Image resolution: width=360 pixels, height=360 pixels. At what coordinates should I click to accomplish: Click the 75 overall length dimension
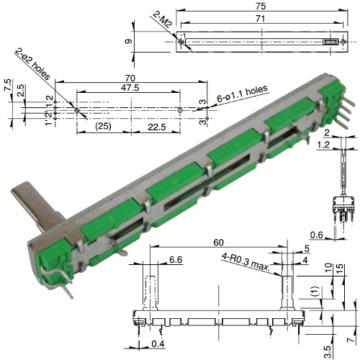coord(261,6)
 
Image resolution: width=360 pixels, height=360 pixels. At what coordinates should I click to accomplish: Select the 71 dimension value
coord(260,19)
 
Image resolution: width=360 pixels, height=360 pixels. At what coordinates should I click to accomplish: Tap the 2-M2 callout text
coord(162,19)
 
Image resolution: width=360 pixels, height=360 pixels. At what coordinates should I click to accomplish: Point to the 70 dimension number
coord(130,78)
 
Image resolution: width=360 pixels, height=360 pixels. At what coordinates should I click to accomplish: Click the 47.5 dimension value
coord(130,88)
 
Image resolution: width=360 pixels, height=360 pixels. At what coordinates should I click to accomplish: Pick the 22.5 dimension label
coord(156,127)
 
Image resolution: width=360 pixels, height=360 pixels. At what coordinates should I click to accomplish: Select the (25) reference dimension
coord(103,126)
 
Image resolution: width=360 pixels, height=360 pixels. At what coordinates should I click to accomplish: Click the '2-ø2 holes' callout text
coord(32,64)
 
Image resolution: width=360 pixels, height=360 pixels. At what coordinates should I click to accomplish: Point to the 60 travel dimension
coord(218,243)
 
